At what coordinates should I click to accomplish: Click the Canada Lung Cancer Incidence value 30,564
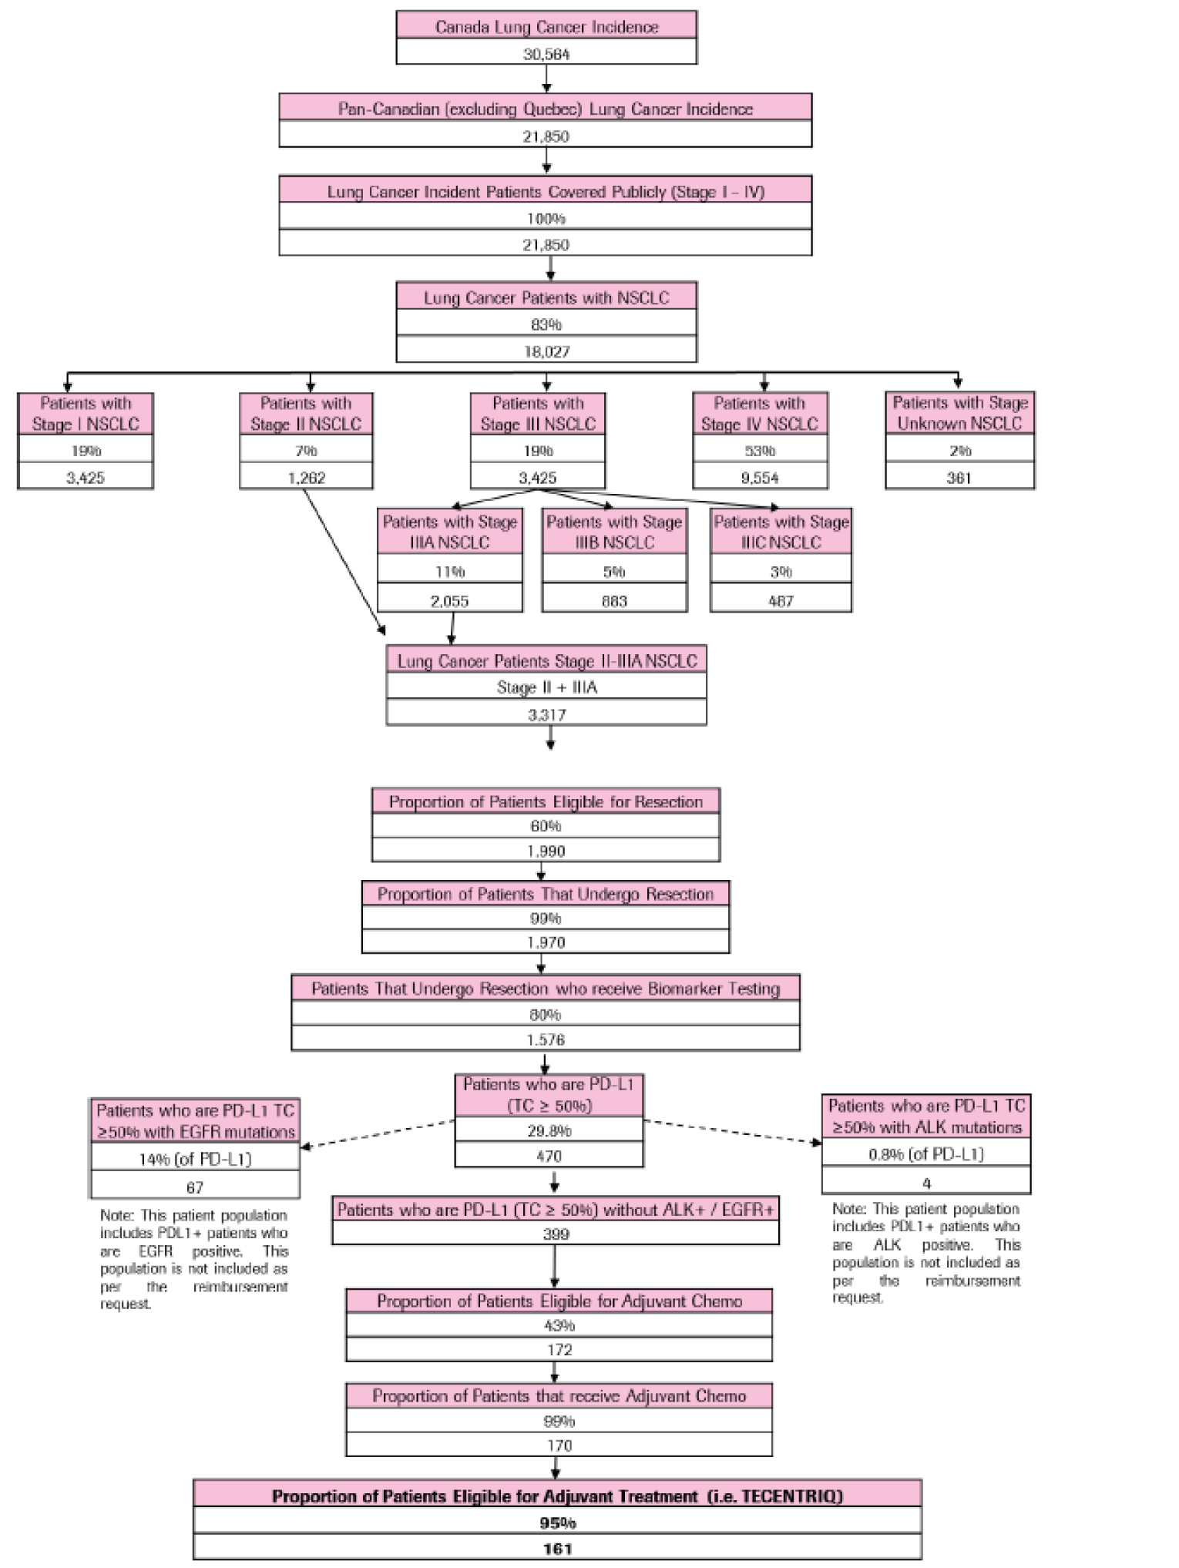click(546, 54)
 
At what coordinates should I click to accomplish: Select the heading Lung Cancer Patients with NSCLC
click(546, 297)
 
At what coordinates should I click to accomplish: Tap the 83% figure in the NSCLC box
click(546, 324)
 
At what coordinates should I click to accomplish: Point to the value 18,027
click(546, 351)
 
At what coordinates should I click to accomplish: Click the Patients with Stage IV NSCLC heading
click(760, 414)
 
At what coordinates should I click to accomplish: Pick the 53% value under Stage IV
click(760, 451)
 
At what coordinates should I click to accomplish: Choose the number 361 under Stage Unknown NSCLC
click(959, 478)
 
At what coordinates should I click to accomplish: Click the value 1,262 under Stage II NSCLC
click(306, 478)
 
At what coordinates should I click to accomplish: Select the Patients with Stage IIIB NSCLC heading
click(614, 532)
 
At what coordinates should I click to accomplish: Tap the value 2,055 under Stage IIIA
click(450, 601)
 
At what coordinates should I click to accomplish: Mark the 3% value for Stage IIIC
click(781, 572)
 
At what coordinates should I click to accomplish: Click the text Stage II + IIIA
click(546, 687)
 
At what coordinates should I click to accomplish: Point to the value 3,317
click(546, 714)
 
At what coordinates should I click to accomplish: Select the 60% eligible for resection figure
click(546, 826)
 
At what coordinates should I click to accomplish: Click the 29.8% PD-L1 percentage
click(549, 1131)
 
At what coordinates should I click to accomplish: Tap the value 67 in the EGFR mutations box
click(195, 1187)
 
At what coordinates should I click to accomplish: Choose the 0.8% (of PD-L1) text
click(926, 1153)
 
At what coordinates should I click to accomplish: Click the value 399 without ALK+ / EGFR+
click(556, 1234)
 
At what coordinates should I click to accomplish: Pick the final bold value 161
click(557, 1549)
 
